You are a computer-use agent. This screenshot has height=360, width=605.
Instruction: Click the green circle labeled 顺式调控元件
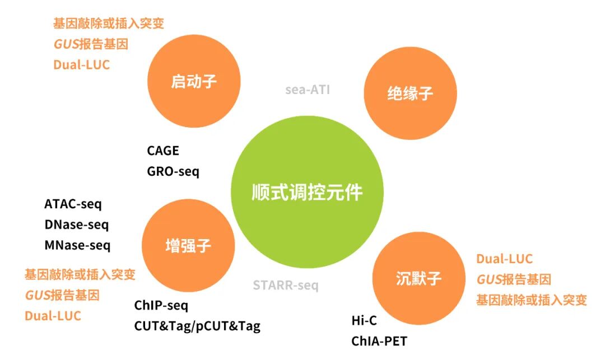click(307, 193)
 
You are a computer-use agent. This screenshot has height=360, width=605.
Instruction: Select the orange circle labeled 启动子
click(193, 81)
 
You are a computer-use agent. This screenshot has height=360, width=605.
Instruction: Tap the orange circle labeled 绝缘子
click(410, 93)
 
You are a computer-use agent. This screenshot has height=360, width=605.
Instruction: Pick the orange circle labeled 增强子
click(189, 245)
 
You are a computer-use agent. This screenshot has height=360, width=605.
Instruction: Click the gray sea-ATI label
click(308, 90)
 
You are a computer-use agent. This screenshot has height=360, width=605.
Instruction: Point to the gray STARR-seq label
click(286, 286)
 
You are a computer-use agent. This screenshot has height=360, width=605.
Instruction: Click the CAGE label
click(163, 151)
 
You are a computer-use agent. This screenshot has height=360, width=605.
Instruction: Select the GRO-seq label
click(173, 171)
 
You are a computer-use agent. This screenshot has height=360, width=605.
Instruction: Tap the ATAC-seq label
click(73, 204)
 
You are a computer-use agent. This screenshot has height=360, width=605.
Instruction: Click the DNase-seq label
click(77, 225)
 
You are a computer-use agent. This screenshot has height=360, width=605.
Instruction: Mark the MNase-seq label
click(77, 245)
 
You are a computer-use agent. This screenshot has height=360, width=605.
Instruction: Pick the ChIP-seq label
click(161, 306)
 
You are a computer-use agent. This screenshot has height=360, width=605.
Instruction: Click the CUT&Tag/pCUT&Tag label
click(197, 326)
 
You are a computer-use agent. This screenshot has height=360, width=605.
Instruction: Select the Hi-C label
click(365, 320)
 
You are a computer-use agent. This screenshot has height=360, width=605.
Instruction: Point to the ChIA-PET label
click(379, 340)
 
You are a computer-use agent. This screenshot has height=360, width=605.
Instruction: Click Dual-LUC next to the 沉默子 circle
click(504, 259)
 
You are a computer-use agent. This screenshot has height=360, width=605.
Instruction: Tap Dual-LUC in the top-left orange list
click(82, 64)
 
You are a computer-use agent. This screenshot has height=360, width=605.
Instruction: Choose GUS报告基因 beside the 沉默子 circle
click(514, 279)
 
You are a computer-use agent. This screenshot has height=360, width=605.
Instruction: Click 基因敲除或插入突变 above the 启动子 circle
click(109, 24)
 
